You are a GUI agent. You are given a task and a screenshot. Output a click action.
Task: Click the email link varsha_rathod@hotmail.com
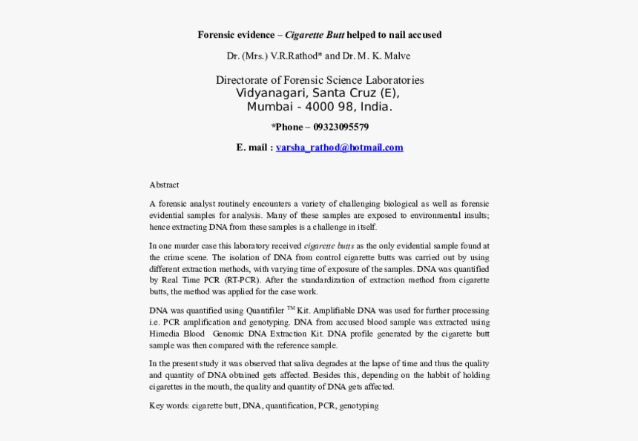(x=339, y=147)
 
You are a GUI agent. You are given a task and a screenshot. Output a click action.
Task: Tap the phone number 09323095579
(x=341, y=127)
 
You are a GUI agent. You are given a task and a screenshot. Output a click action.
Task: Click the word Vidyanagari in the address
(x=271, y=93)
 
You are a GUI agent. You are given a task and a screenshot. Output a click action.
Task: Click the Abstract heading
(x=164, y=185)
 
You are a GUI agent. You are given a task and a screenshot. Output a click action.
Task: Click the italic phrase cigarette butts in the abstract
(x=329, y=245)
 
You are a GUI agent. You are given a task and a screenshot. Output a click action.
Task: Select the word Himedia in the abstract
(x=164, y=334)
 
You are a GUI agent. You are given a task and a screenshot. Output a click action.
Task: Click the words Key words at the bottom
(x=168, y=406)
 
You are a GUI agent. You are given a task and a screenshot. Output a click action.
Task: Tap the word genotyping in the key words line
(x=359, y=406)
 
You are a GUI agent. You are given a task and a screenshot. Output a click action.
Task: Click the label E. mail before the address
(x=252, y=147)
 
